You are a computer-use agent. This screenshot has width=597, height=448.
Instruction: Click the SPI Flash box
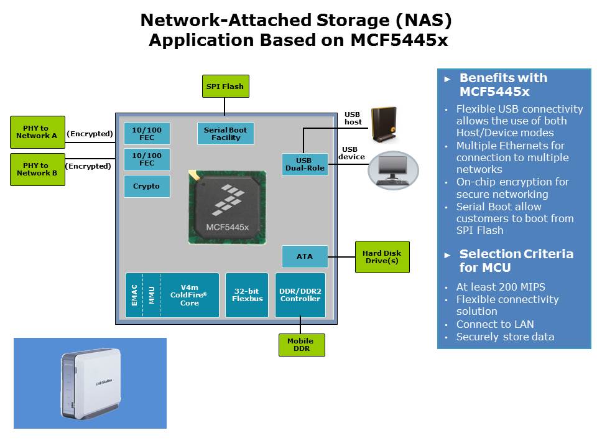225,86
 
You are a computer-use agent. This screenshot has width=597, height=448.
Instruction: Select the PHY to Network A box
37,132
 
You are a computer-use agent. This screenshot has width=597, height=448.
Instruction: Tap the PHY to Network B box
37,169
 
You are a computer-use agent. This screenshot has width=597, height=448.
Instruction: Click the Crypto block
147,186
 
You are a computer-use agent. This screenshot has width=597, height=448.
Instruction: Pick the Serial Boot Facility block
225,134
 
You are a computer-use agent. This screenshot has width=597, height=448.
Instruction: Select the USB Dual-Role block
305,164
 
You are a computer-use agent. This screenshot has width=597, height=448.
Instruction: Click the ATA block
305,256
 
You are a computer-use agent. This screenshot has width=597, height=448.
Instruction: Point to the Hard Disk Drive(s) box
382,257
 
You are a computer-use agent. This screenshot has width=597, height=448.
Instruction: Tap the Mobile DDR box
301,345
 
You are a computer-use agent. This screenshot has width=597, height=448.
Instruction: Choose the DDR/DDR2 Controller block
300,295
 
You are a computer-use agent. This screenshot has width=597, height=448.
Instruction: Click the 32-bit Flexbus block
247,295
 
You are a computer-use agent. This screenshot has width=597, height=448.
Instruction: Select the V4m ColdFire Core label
190,295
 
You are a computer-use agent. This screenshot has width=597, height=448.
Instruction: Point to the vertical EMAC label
134,295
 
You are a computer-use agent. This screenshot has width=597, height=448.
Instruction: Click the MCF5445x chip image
227,208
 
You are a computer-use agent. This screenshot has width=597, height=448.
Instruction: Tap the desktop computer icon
393,169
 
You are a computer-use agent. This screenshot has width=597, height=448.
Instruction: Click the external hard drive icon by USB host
384,124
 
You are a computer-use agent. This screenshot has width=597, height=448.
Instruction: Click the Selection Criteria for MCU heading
516,261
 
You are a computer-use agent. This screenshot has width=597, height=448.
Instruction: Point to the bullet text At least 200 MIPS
500,287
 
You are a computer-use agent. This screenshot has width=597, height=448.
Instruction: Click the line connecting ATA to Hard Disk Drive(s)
341,256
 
